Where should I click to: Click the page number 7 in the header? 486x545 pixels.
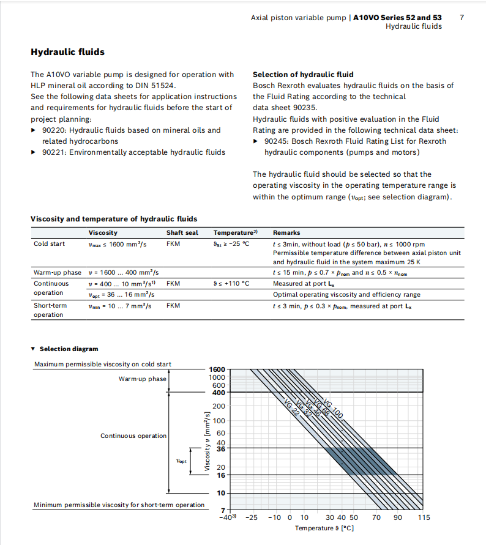[462, 18]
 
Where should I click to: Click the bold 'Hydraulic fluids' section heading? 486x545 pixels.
[67, 53]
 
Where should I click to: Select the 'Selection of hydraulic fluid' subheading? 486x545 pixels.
[303, 75]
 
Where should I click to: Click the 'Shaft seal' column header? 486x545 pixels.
[182, 233]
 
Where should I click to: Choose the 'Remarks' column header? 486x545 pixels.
[286, 233]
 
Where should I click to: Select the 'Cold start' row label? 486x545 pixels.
[49, 244]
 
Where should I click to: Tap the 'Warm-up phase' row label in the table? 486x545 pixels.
[57, 272]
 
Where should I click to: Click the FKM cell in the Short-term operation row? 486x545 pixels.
[173, 305]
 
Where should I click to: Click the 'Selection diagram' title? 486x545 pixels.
[69, 349]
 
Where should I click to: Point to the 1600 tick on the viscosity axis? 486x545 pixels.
[217, 369]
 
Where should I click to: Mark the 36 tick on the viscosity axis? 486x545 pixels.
[221, 448]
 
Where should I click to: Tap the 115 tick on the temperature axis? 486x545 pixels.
[424, 517]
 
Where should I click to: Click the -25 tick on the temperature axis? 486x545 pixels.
[251, 517]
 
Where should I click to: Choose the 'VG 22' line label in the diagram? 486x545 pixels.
[293, 408]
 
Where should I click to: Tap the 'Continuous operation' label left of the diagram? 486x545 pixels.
[133, 436]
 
